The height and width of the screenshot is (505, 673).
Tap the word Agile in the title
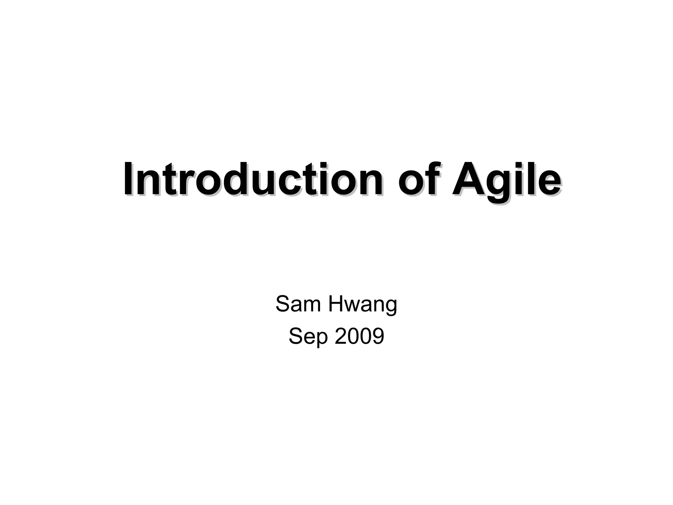click(x=506, y=180)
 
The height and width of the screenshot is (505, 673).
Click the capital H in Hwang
click(x=336, y=304)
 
